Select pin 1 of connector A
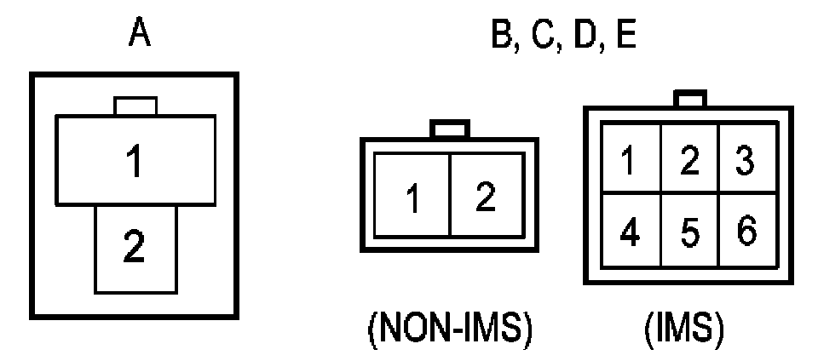click(x=134, y=162)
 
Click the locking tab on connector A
click(x=135, y=106)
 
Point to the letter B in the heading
click(x=502, y=36)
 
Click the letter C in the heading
click(x=544, y=36)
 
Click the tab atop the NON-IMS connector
click(x=449, y=129)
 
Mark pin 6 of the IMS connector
click(x=745, y=231)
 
